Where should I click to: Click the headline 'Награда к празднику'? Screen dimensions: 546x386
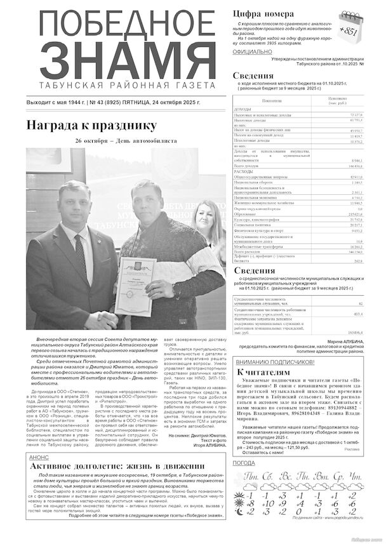pyautogui.click(x=90, y=125)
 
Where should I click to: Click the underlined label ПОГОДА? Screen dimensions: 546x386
pyautogui.click(x=244, y=463)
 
